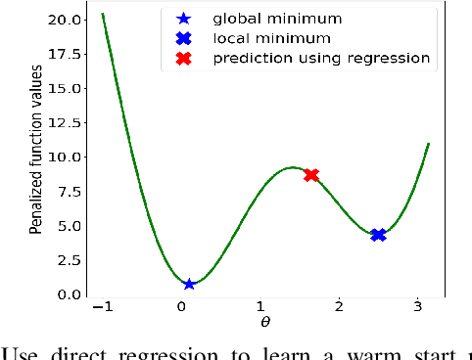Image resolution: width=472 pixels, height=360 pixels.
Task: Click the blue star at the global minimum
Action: coord(189,284)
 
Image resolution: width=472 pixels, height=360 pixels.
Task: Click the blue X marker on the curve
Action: coord(378,235)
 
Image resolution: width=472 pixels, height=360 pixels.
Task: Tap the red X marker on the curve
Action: coord(311,175)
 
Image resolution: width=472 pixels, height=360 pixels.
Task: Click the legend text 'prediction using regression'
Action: coord(320,59)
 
